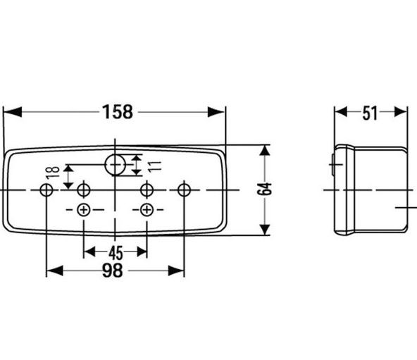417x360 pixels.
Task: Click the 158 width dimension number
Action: click(x=118, y=112)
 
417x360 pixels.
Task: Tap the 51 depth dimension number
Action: click(x=370, y=113)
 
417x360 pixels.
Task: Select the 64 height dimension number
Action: click(x=265, y=189)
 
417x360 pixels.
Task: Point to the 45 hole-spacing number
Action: click(x=116, y=253)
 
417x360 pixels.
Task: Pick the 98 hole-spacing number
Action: click(x=113, y=271)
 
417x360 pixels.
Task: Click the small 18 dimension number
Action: click(x=52, y=172)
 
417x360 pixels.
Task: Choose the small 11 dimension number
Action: click(x=155, y=166)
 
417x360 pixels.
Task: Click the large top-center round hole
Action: click(x=115, y=165)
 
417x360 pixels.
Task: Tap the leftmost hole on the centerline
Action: click(x=46, y=190)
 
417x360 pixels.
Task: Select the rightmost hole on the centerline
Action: click(x=184, y=190)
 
